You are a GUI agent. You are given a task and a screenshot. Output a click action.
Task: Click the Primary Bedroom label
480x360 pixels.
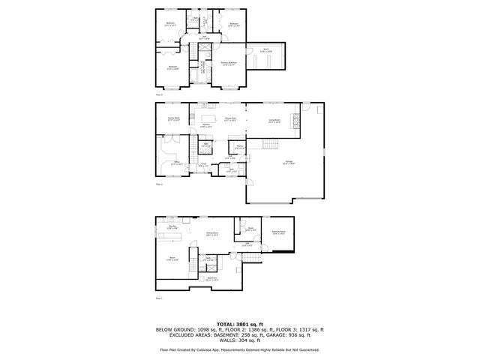[x=229, y=64]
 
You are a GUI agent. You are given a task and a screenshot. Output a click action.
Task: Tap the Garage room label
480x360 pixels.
[x=289, y=163]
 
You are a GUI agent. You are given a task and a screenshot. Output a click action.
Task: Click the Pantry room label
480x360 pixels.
[x=238, y=147]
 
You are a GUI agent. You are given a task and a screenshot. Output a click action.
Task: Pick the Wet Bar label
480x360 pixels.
[x=172, y=227]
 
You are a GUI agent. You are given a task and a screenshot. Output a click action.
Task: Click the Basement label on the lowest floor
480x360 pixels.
[x=212, y=279]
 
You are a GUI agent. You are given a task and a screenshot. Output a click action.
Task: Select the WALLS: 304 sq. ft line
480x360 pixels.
[x=239, y=341]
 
